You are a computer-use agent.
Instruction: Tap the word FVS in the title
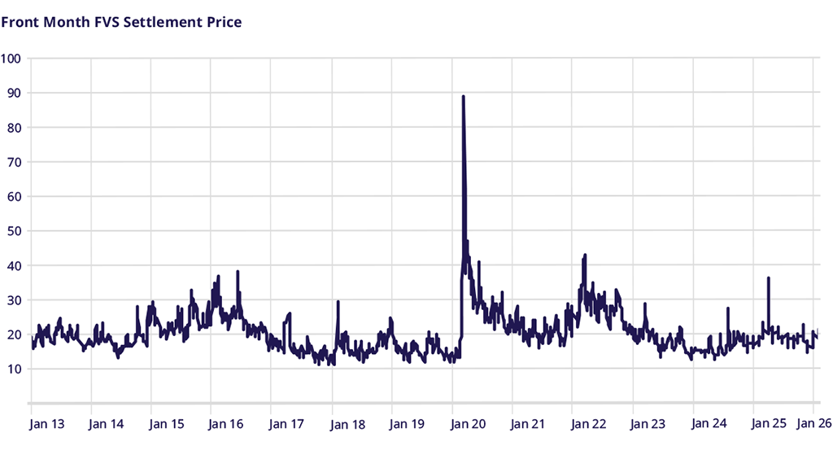107,22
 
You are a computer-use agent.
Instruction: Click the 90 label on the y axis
14,93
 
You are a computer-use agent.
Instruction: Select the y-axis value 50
14,231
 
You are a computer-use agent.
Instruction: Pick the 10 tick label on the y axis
14,369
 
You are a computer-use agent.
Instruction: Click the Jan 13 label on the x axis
46,424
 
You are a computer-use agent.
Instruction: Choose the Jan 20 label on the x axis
468,424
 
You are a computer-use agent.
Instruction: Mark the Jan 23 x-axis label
648,424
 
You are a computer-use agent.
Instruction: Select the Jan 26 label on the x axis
813,424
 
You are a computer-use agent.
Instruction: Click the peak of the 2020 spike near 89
463,97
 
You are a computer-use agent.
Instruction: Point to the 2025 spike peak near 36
768,278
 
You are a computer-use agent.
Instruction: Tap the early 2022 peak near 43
585,256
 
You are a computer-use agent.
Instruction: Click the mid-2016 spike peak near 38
238,272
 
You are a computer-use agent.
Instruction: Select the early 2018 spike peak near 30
337,302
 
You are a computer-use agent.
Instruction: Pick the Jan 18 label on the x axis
347,424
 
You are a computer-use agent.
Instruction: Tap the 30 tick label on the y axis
14,300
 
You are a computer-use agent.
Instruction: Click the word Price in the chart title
223,22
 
